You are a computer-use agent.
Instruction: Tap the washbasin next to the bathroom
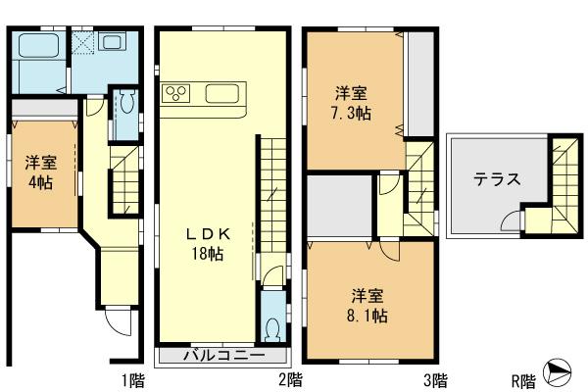(111, 44)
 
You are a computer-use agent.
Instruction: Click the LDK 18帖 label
(207, 244)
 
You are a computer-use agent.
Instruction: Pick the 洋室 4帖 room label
(40, 171)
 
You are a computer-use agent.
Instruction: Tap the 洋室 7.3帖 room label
(351, 103)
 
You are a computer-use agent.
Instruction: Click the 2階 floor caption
(289, 378)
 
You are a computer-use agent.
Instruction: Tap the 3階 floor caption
(436, 378)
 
